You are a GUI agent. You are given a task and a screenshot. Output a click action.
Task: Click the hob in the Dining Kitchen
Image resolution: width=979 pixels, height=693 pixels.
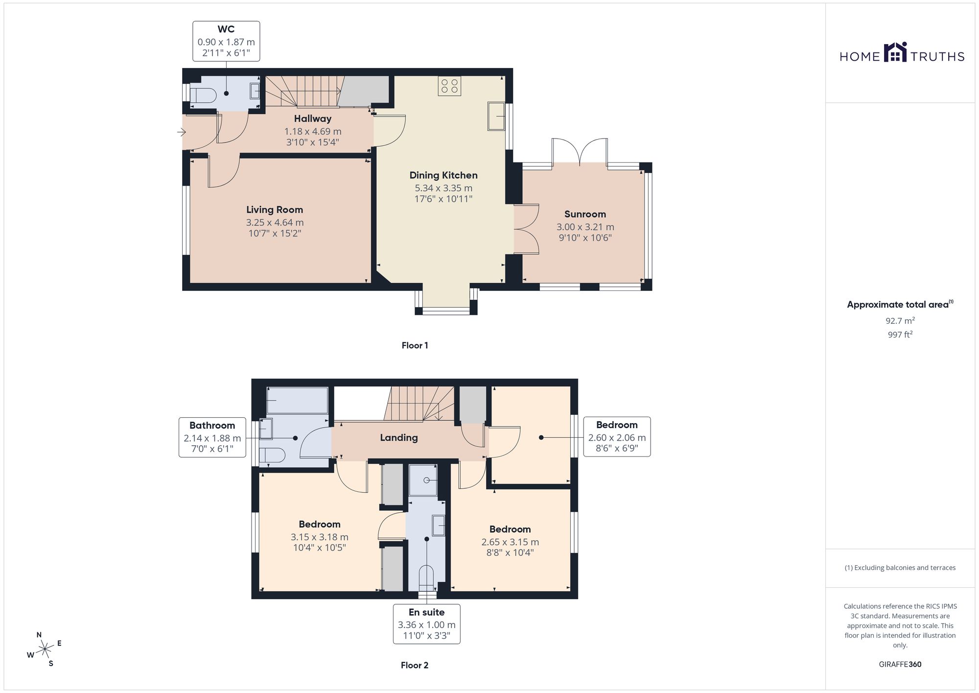pyautogui.click(x=449, y=86)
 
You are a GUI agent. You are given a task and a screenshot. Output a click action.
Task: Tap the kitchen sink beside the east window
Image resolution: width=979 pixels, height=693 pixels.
pyautogui.click(x=496, y=116)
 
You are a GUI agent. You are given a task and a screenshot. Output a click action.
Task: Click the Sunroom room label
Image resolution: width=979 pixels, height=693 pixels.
pyautogui.click(x=585, y=214)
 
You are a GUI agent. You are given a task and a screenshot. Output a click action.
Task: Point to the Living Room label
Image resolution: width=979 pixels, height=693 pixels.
pyautogui.click(x=275, y=210)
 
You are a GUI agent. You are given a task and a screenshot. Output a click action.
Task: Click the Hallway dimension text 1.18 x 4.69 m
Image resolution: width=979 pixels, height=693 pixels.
pyautogui.click(x=313, y=131)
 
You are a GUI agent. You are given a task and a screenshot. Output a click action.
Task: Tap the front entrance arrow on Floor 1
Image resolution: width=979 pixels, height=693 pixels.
pyautogui.click(x=182, y=132)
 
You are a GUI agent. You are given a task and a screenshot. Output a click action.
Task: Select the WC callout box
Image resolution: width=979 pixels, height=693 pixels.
pyautogui.click(x=226, y=41)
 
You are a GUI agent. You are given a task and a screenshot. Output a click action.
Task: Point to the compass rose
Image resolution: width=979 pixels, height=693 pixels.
pyautogui.click(x=45, y=649)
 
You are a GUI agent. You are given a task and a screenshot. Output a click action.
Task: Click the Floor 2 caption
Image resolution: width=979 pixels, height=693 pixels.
pyautogui.click(x=415, y=665)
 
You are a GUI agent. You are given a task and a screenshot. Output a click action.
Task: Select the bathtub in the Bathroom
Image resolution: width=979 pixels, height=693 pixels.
pyautogui.click(x=297, y=400)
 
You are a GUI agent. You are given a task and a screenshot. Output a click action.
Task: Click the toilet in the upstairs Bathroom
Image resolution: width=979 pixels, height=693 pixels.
pyautogui.click(x=272, y=455)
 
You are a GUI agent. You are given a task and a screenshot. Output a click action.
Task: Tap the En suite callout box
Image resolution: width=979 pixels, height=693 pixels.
pyautogui.click(x=427, y=623)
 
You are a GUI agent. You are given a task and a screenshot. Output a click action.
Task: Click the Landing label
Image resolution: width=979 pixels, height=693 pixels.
pyautogui.click(x=399, y=438)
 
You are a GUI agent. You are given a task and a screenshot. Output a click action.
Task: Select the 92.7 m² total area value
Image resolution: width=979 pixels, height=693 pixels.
pyautogui.click(x=900, y=321)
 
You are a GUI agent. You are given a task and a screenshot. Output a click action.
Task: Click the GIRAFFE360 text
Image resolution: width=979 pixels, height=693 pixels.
pyautogui.click(x=900, y=665)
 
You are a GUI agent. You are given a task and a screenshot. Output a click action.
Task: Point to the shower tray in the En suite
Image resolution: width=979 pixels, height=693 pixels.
pyautogui.click(x=423, y=480)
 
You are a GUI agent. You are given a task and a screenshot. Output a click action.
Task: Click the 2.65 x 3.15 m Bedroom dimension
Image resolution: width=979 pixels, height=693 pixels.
pyautogui.click(x=510, y=542)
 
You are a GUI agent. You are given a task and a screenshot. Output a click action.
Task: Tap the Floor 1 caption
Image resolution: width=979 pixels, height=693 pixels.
pyautogui.click(x=415, y=345)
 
